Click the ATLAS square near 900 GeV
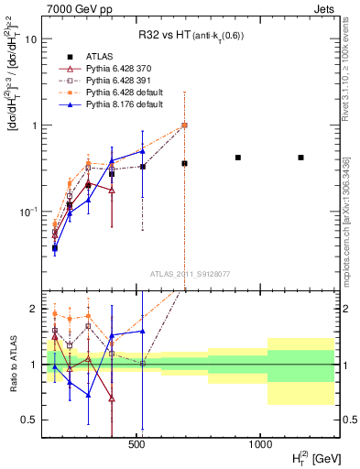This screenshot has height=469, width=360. point(238,158)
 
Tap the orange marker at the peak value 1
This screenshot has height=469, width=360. point(184,125)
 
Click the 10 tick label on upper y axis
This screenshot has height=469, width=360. point(31,39)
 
